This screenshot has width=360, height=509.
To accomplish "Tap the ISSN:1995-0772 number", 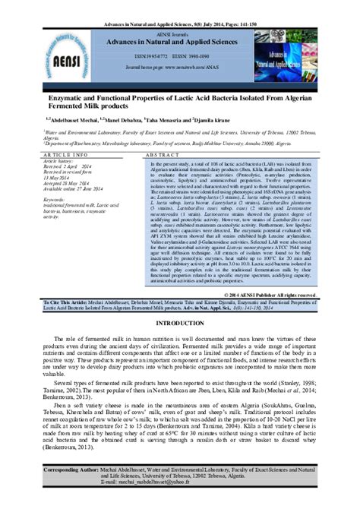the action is tap(149, 55).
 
